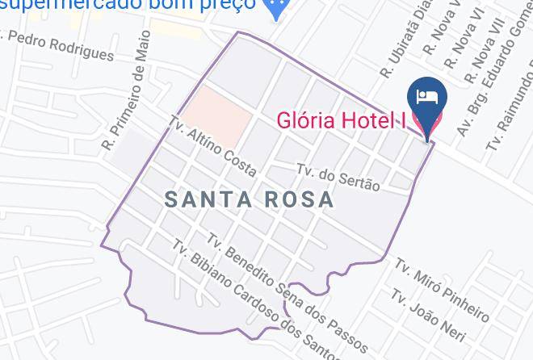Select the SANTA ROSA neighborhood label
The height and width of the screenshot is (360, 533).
(249, 200)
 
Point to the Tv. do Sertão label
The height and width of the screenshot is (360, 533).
(338, 177)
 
